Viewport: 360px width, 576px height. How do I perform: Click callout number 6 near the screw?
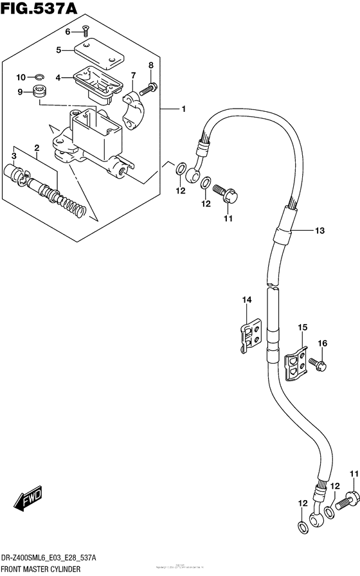[x=67, y=31]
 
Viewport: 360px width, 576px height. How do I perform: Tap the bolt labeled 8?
[x=152, y=86]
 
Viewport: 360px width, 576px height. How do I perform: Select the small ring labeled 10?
[x=38, y=78]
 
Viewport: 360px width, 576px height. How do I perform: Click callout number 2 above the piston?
[x=37, y=148]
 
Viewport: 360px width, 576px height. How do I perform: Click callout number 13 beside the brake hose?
[x=319, y=231]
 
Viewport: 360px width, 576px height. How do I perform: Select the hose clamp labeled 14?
[x=250, y=334]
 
